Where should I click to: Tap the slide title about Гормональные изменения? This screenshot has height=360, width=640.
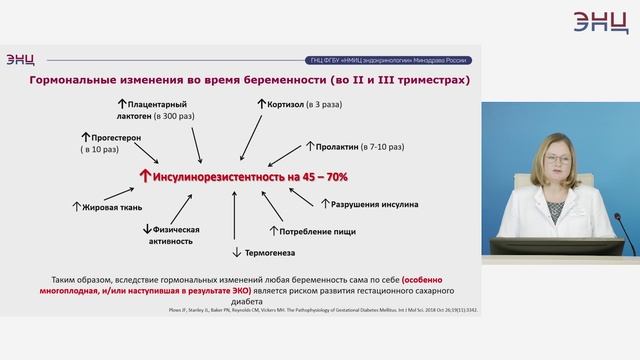point(251,79)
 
